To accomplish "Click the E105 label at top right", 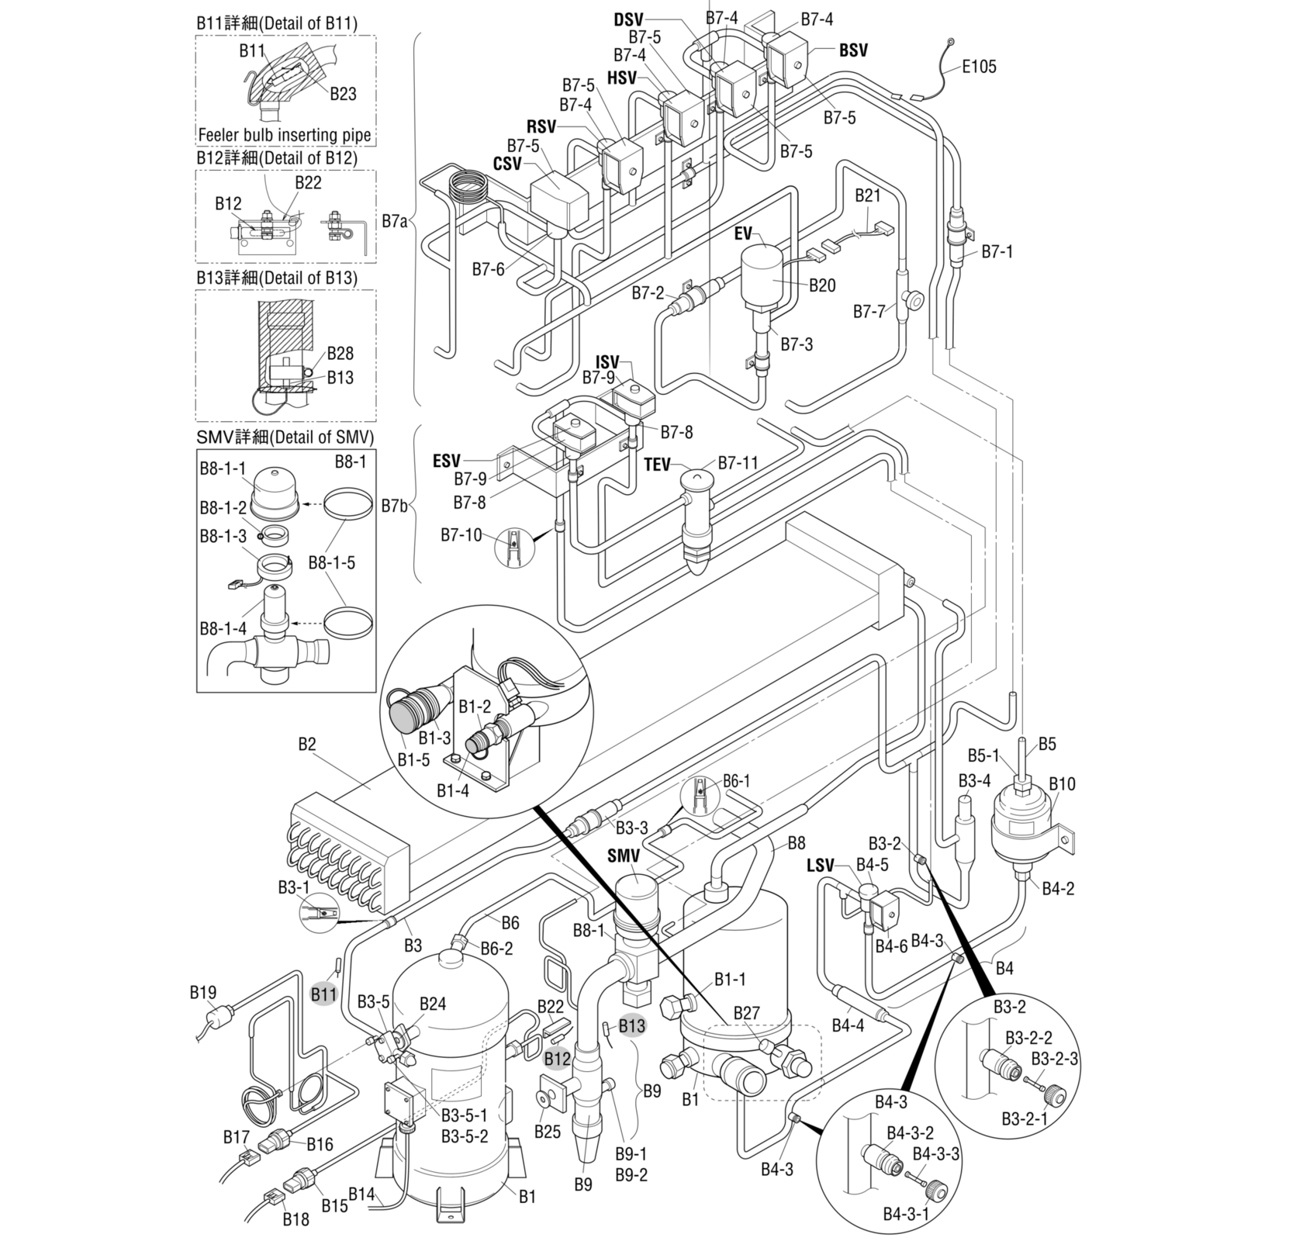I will (979, 67).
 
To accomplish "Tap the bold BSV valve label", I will (853, 50).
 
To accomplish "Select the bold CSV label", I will (507, 164).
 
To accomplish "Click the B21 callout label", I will (868, 195).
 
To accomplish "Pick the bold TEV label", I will (657, 465).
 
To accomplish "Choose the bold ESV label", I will (446, 462).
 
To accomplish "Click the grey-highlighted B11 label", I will (324, 994).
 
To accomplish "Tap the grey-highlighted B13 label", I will (631, 1025).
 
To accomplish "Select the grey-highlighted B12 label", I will (557, 1058).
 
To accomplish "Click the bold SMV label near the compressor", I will (624, 856).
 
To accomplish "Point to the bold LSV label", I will (820, 865).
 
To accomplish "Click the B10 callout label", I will (1062, 784).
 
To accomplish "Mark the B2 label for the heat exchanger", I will (307, 745).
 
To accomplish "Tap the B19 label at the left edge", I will (203, 992).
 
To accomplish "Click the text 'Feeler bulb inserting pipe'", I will (285, 135).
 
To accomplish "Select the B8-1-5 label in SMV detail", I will (332, 562).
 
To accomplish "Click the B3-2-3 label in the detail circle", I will (1054, 1058).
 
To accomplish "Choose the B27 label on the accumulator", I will (746, 1013).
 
